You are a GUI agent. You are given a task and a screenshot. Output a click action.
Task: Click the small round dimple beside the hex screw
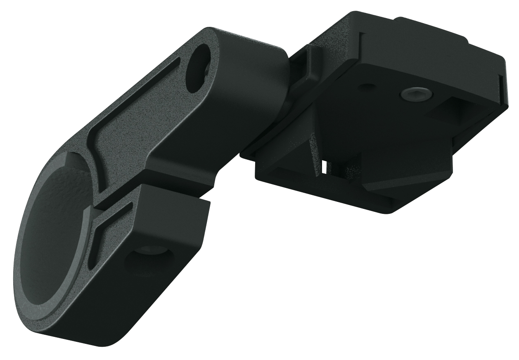[x=367, y=87]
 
